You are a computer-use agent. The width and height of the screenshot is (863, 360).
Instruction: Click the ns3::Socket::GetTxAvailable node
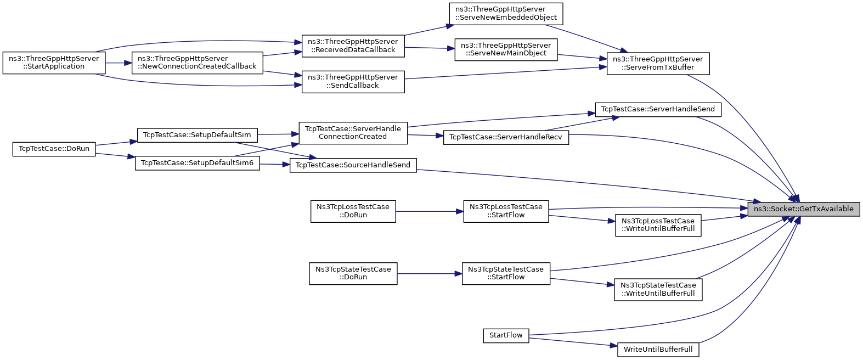pos(803,209)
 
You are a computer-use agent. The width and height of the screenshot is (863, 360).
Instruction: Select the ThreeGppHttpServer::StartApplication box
pos(54,63)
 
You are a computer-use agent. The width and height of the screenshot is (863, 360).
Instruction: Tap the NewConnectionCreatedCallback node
pos(198,63)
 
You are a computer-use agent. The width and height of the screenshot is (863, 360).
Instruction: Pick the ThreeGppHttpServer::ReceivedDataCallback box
pos(353,46)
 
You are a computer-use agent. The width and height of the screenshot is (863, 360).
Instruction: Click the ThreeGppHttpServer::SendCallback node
pos(353,82)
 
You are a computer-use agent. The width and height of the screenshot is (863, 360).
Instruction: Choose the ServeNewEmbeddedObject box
pos(506,14)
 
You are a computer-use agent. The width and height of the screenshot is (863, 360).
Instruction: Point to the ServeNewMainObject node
pos(506,49)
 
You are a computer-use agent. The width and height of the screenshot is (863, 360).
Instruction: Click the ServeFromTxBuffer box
pos(658,64)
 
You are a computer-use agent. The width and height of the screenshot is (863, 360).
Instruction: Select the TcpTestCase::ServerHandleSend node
pos(658,109)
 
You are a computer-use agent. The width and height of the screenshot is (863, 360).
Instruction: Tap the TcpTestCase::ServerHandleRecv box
pos(506,138)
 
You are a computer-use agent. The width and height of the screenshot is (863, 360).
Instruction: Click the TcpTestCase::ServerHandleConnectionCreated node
pos(353,133)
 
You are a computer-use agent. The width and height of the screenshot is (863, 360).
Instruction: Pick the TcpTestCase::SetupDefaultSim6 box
pos(198,163)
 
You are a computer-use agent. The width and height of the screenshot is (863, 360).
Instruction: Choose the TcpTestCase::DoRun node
pos(54,149)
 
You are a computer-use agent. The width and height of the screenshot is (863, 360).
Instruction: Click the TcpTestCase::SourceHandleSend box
pos(353,165)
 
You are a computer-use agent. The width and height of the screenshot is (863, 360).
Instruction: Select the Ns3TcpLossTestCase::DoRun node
pos(353,211)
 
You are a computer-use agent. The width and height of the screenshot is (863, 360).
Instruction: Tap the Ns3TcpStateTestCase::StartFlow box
pos(506,274)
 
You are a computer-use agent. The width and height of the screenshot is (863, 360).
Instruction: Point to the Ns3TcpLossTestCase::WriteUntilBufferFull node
pos(658,226)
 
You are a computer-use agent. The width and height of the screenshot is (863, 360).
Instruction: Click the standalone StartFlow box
pos(506,336)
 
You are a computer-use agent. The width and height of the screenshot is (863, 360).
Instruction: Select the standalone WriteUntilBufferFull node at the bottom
pos(658,350)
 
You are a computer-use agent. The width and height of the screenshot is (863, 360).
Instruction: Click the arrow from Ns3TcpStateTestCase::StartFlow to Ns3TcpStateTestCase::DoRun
pos(430,274)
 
